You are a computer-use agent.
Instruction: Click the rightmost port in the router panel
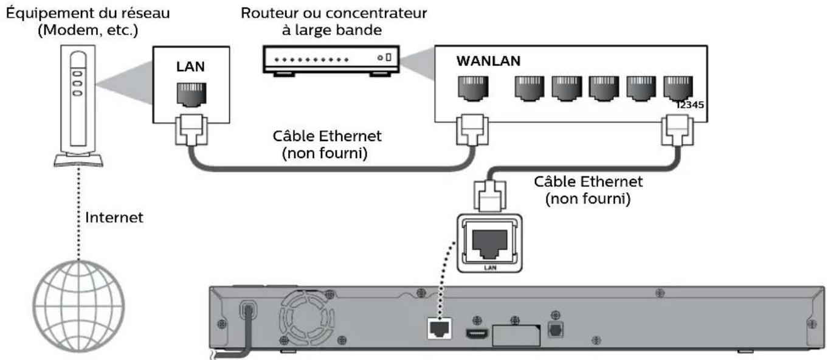click(676, 89)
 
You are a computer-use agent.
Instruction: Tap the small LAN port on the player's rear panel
click(440, 329)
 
